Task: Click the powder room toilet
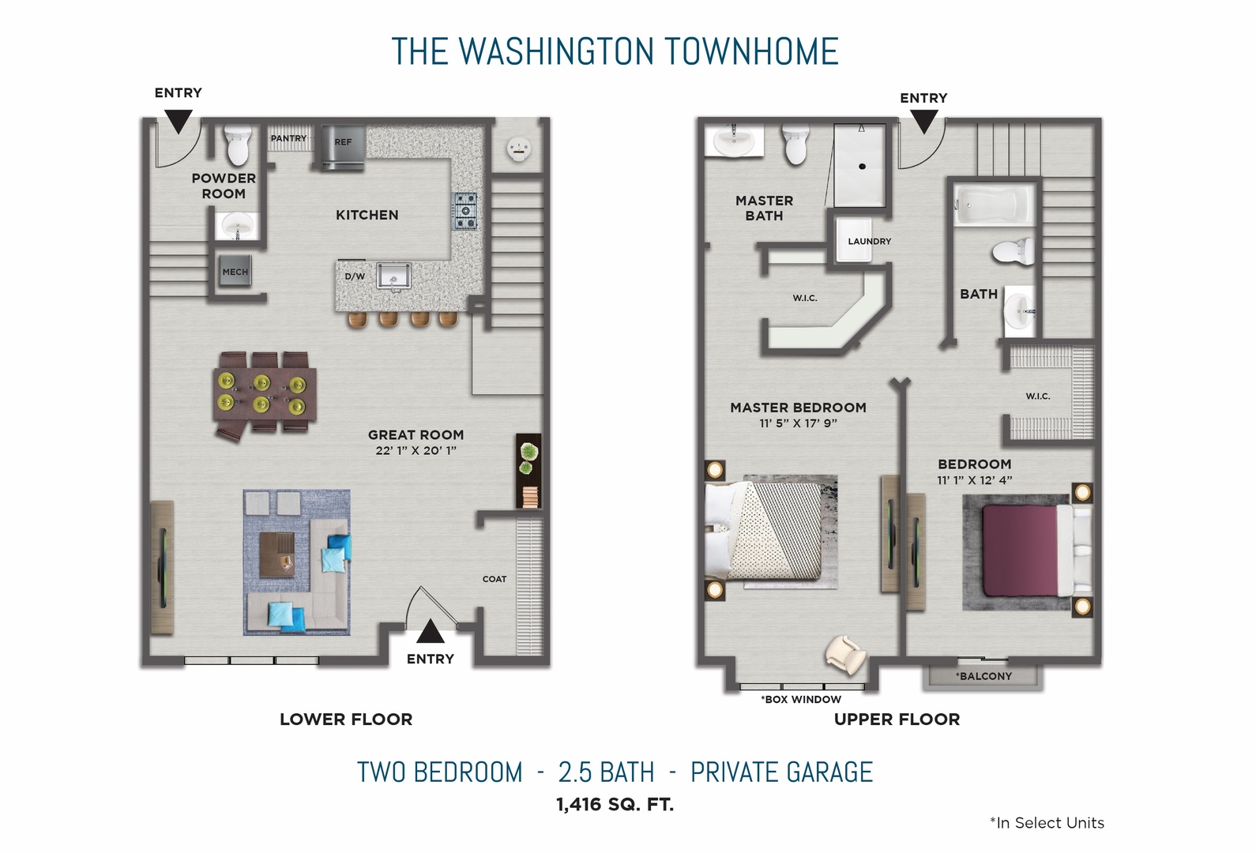tap(238, 145)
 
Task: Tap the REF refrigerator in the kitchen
tap(342, 147)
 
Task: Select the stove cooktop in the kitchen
tap(464, 210)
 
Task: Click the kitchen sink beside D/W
tap(393, 276)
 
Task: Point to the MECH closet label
tap(235, 272)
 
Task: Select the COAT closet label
tap(495, 579)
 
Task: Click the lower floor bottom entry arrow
tap(430, 631)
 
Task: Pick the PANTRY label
tap(288, 138)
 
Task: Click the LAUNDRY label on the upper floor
tap(869, 242)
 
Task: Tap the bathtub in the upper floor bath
tap(994, 205)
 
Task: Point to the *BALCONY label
tap(983, 676)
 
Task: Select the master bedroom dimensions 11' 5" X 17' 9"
tap(798, 423)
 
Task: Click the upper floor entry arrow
tap(923, 121)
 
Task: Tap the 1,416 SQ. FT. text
tap(615, 805)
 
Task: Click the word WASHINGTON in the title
tap(556, 52)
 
